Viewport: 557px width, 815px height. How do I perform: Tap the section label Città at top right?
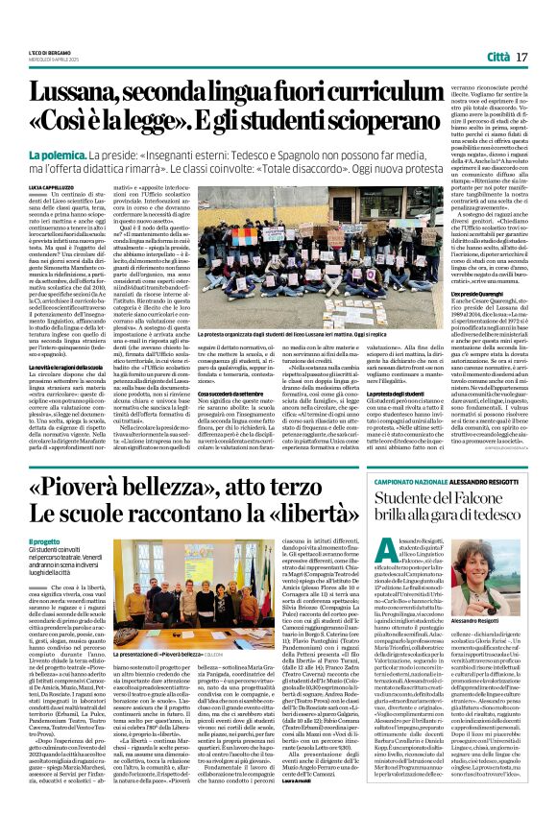(500, 59)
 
